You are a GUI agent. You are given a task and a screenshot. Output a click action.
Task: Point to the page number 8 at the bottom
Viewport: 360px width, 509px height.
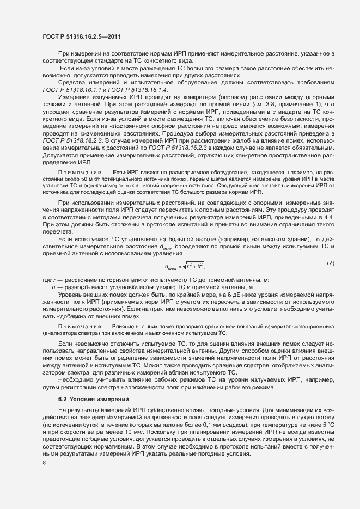(x=44, y=463)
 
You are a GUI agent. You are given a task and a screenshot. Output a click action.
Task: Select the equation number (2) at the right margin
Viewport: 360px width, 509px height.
(x=330, y=263)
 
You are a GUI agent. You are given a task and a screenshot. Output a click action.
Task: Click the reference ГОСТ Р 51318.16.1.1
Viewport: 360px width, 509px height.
(x=68, y=89)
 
